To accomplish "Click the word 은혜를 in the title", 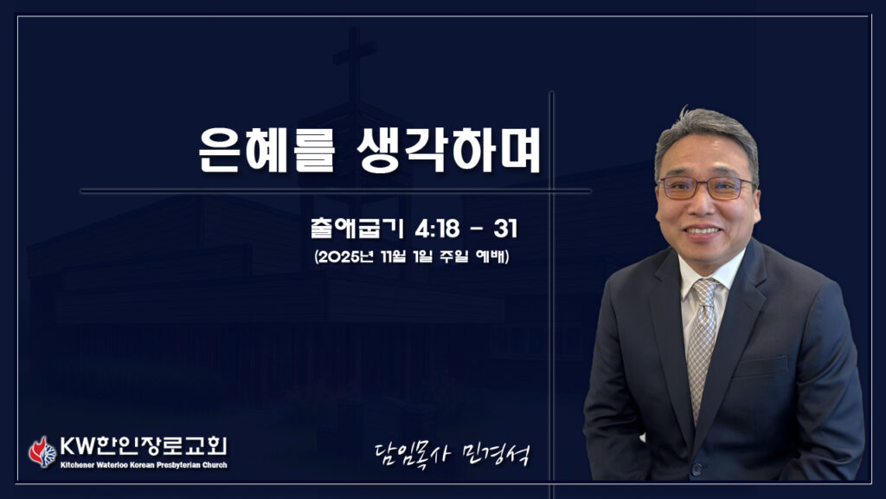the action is [x=266, y=149].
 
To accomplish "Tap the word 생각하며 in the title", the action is [x=449, y=149].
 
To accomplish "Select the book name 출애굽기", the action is [x=356, y=228].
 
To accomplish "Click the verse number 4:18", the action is [x=437, y=229].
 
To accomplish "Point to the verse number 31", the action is [x=505, y=229].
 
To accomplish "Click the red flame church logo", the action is [x=42, y=452].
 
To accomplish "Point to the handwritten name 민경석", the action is [x=496, y=454].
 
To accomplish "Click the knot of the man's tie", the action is [x=704, y=290].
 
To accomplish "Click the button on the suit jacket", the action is [x=697, y=469].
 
